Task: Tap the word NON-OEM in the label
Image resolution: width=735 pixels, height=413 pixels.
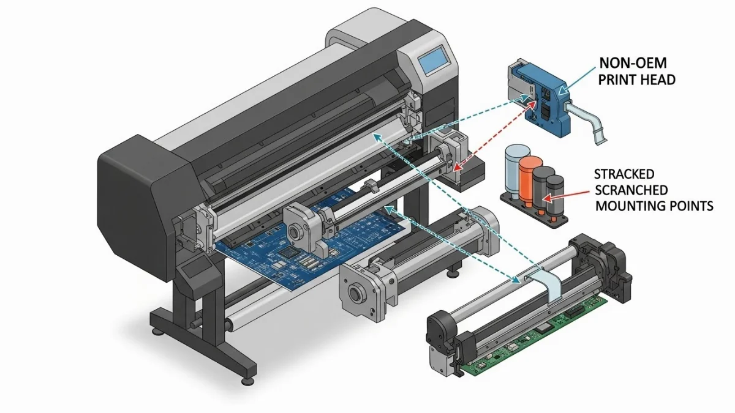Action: pos(633,63)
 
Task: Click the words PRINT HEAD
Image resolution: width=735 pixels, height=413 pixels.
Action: pos(636,80)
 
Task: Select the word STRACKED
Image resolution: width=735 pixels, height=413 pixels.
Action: pos(624,174)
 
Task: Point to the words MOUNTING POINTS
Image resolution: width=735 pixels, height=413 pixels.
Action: pos(654,206)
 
